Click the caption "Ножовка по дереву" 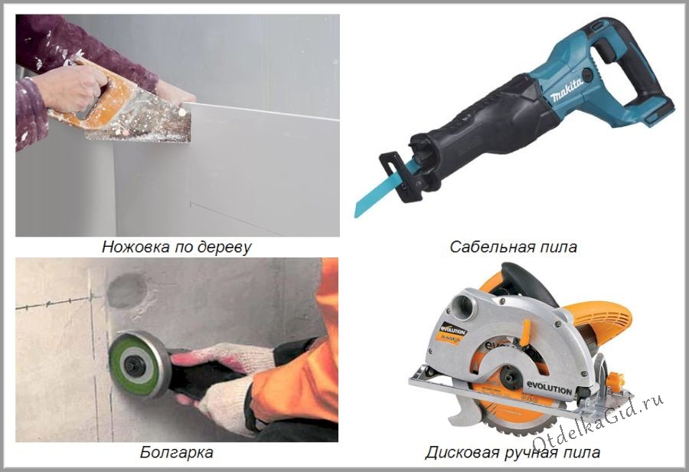pyautogui.click(x=177, y=247)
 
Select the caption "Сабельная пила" pyautogui.click(x=513, y=247)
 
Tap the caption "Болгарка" pyautogui.click(x=177, y=452)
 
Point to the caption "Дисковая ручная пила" pyautogui.click(x=512, y=452)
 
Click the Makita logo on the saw pyautogui.click(x=567, y=90)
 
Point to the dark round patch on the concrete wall pyautogui.click(x=127, y=290)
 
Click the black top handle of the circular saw pyautogui.click(x=528, y=281)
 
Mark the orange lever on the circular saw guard pyautogui.click(x=525, y=331)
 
